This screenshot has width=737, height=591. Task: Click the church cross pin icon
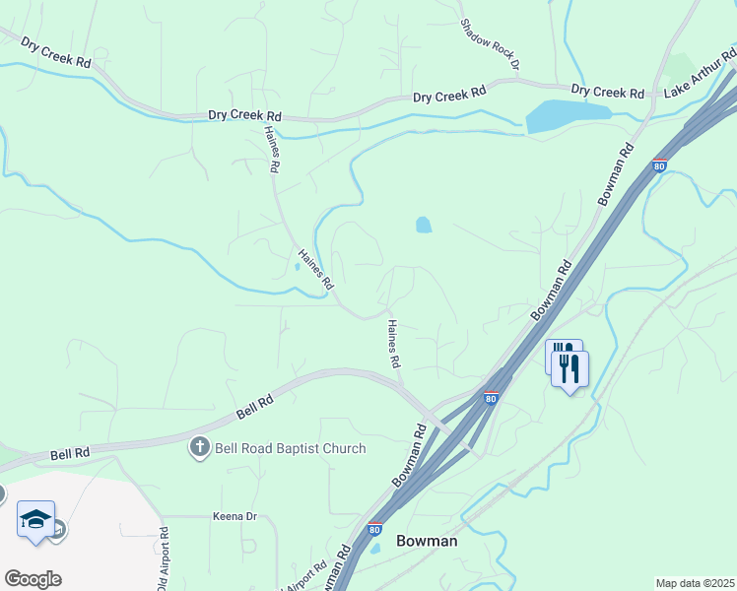(199, 448)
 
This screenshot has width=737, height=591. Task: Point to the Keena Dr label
(234, 516)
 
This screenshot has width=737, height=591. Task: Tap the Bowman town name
(428, 541)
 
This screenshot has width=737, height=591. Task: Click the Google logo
(33, 578)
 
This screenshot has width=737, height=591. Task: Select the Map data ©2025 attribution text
(695, 583)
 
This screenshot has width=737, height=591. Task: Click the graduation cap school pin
(35, 519)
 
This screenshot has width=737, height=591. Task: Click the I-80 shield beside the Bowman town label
(374, 529)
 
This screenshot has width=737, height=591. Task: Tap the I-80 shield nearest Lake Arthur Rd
(659, 165)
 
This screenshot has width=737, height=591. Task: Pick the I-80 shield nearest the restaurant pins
(490, 398)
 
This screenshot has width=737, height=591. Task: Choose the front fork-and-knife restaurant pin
(569, 369)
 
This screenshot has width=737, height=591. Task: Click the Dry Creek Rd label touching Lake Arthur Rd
(607, 93)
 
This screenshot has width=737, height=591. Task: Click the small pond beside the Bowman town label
(374, 549)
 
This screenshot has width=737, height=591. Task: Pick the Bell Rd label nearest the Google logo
(70, 453)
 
